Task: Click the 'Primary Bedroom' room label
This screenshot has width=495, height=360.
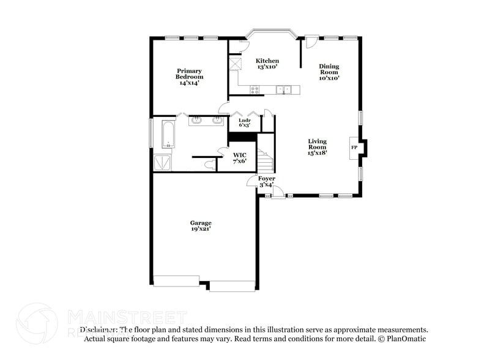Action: tap(189, 73)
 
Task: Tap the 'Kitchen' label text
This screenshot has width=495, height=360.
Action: tap(267, 61)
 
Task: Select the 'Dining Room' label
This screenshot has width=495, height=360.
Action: tap(329, 69)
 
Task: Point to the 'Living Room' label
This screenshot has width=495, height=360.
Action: tap(317, 144)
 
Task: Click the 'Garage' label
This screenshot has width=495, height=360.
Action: tap(201, 223)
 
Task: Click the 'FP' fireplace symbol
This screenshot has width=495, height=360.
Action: tap(354, 148)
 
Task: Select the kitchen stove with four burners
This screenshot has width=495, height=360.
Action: tap(255, 90)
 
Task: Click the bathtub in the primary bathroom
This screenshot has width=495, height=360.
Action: tap(168, 135)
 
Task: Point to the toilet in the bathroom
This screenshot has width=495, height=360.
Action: tap(210, 164)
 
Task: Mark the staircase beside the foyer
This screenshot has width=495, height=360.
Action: tap(265, 160)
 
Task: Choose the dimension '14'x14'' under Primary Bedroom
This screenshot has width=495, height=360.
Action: tap(189, 83)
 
